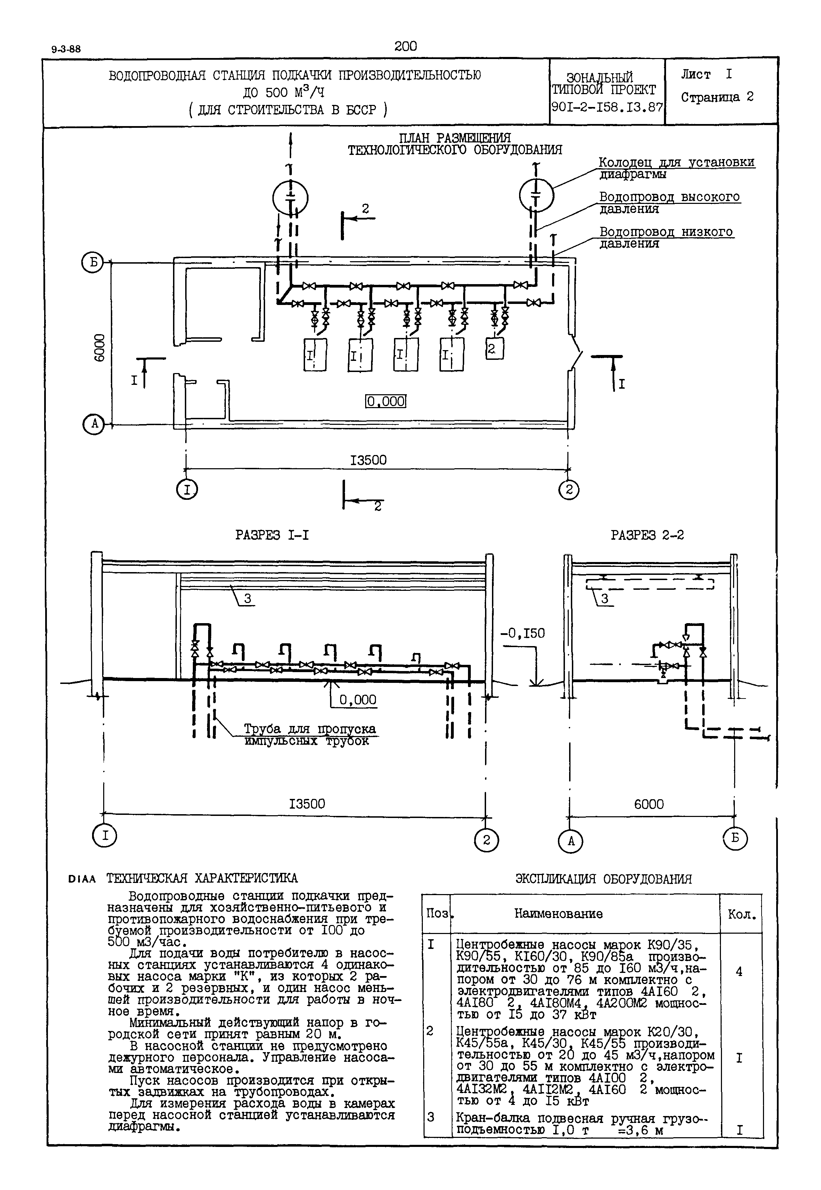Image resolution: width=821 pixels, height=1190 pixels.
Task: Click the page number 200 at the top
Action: point(405,46)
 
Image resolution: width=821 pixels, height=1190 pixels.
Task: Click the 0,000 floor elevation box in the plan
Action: point(386,401)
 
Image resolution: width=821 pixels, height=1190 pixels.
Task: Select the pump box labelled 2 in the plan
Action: point(494,349)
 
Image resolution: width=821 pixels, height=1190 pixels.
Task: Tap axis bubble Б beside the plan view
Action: point(93,263)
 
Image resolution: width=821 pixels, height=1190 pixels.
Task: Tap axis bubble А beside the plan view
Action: point(93,425)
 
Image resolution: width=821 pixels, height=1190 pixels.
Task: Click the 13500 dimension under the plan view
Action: point(368,460)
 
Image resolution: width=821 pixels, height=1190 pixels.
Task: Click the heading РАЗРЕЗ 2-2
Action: point(647,535)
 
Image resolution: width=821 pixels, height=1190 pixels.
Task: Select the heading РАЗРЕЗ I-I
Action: point(272,535)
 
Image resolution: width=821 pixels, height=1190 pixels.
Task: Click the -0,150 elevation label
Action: point(523,634)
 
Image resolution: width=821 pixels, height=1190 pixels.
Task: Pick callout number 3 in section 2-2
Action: point(605,598)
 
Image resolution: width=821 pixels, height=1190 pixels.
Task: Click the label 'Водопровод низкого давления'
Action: point(666,238)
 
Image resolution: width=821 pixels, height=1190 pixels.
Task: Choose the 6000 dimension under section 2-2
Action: point(649,804)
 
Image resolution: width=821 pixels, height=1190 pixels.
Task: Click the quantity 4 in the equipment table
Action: point(739,972)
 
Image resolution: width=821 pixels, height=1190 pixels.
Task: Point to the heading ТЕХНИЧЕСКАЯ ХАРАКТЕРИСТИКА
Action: point(202,878)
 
